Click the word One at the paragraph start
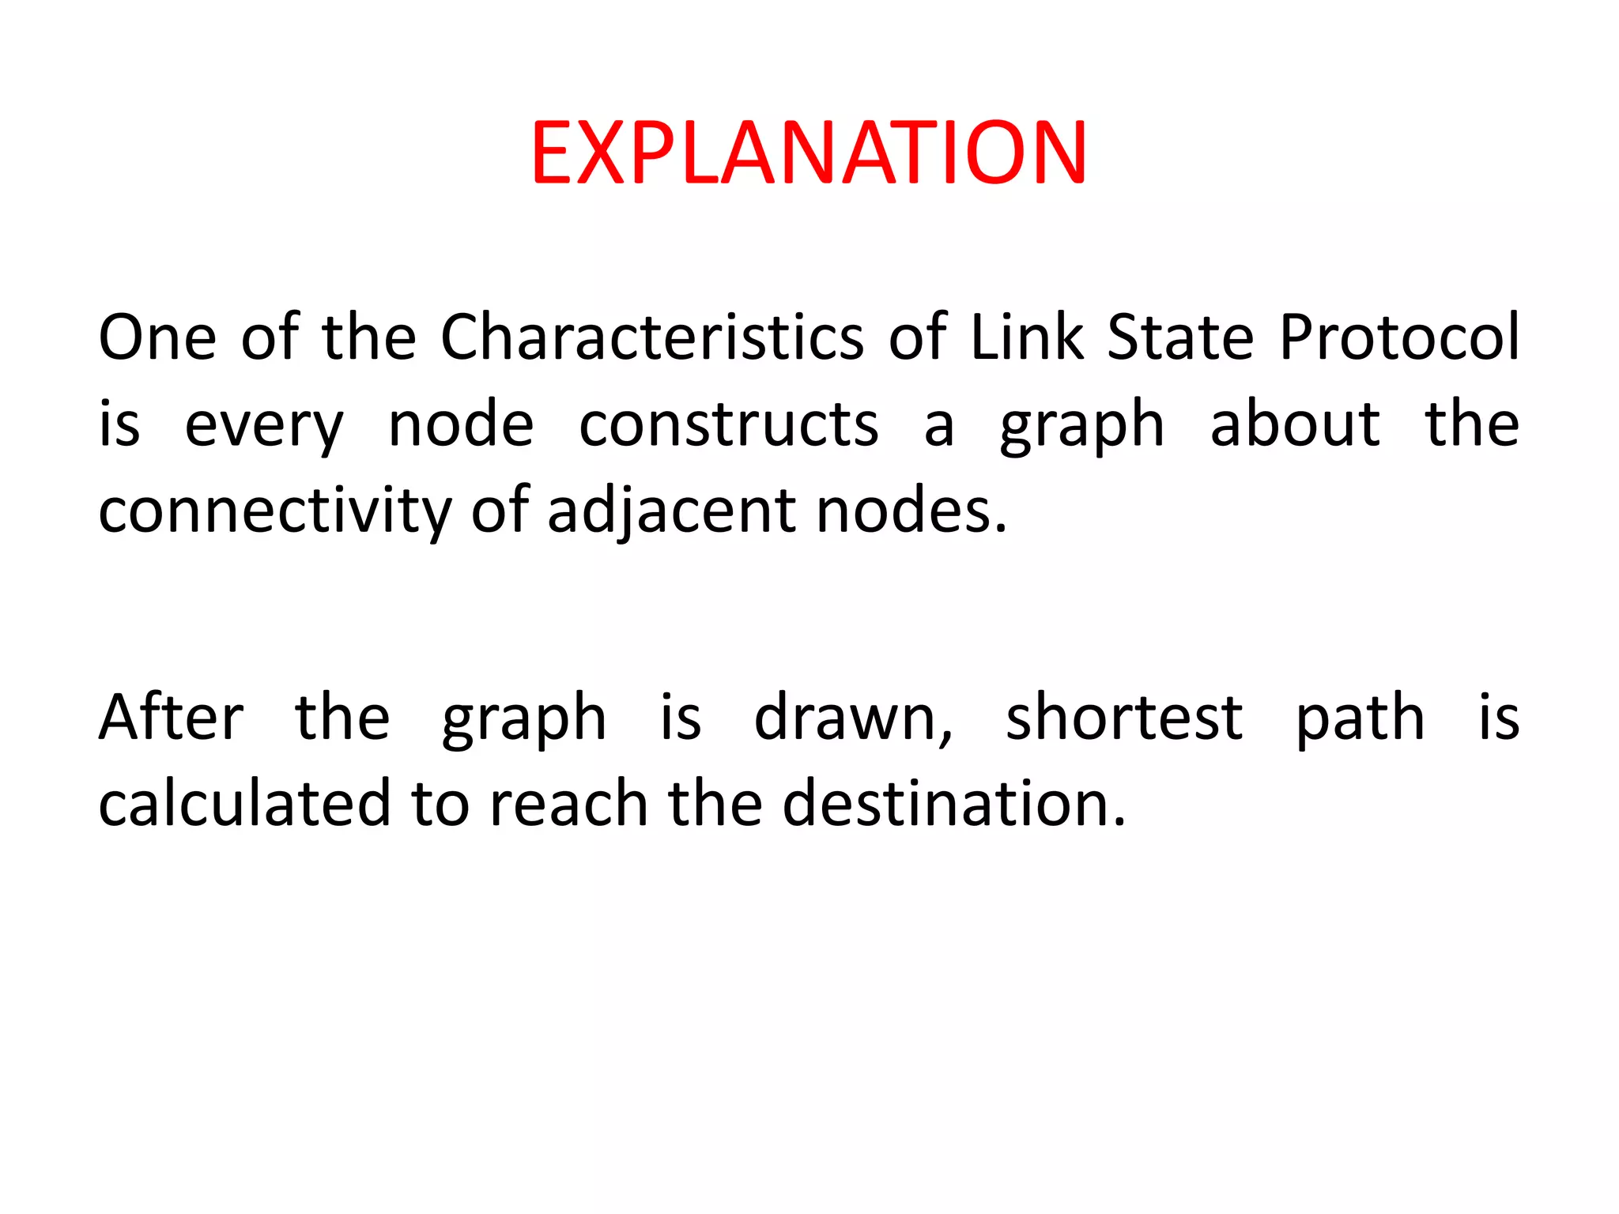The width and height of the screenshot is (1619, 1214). pos(157,337)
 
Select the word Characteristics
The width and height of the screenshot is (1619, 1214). pos(651,337)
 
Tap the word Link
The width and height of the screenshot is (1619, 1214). pos(1027,337)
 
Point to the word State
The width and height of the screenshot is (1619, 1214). pos(1180,337)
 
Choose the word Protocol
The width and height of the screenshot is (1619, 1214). pos(1399,337)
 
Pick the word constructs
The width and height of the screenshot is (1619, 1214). pos(728,425)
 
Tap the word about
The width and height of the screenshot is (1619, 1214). pos(1295,424)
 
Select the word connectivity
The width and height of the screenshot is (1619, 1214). pos(274,512)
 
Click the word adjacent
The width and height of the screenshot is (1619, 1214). pos(671,512)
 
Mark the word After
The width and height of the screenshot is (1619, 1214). pos(171,718)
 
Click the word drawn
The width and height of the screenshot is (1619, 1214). pos(853,718)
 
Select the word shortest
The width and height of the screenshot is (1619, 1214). pos(1124,718)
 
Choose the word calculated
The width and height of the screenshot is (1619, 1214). pos(245,804)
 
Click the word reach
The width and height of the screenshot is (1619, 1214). pos(569,804)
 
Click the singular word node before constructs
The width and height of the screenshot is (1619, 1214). pos(461,425)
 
